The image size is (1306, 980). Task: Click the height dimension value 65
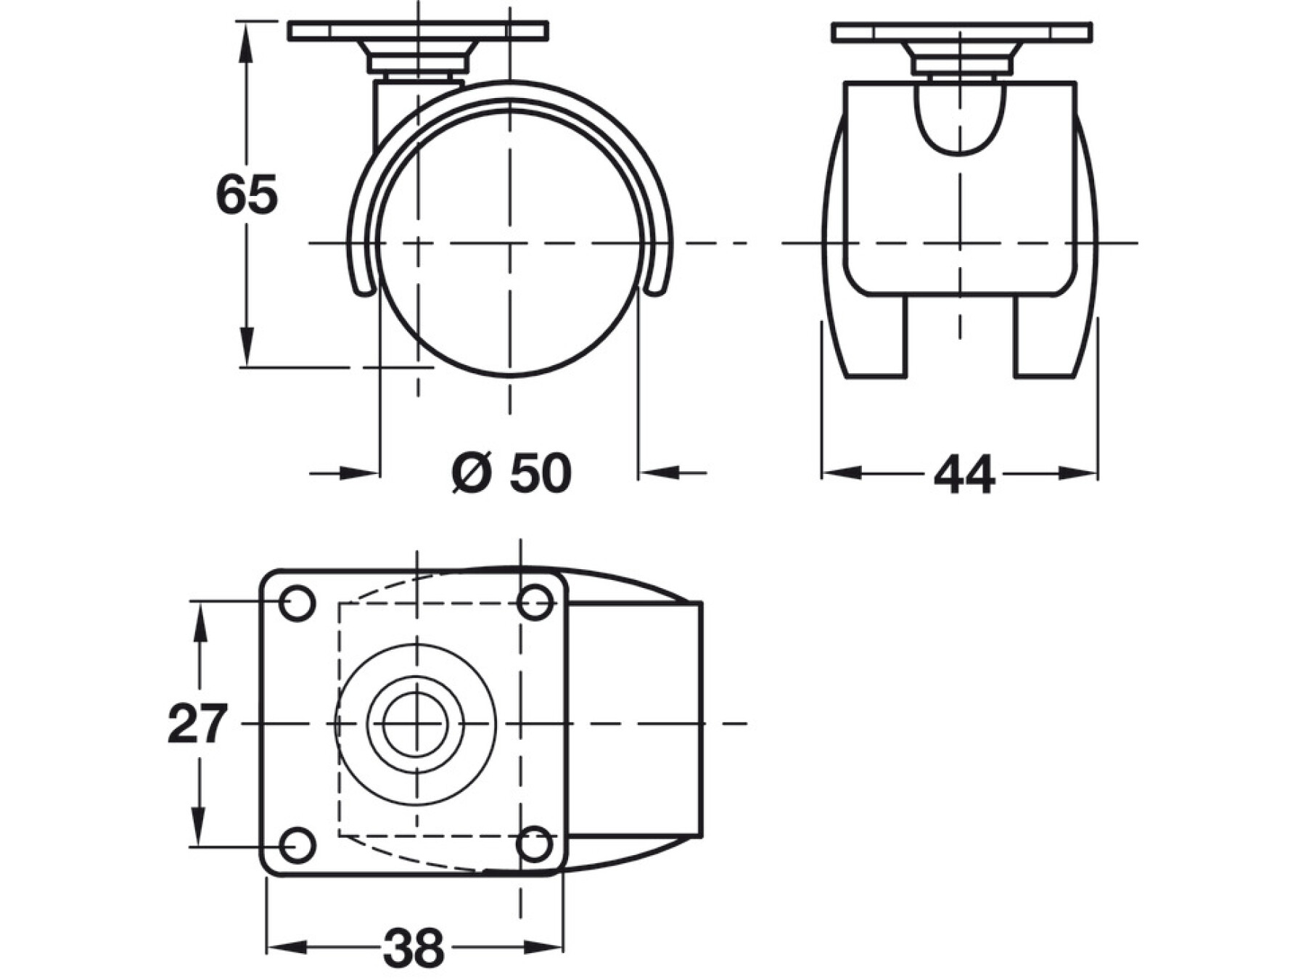click(247, 195)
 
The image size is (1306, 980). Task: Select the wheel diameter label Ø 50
click(512, 473)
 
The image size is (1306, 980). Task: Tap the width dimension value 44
click(964, 475)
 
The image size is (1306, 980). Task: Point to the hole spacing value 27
click(197, 724)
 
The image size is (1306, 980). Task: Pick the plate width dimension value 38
click(414, 947)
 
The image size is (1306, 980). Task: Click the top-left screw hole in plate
click(297, 603)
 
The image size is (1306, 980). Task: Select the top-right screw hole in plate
click(535, 603)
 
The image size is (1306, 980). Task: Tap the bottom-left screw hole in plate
click(297, 844)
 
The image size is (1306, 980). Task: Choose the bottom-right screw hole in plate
click(535, 844)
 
